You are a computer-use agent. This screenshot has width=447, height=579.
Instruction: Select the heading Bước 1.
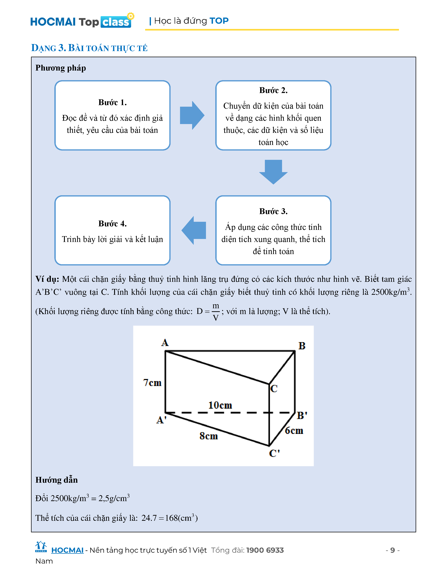pos(112,102)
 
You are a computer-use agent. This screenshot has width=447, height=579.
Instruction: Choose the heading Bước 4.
pos(112,224)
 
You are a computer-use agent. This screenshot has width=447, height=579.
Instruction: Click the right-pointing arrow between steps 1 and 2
pos(192,115)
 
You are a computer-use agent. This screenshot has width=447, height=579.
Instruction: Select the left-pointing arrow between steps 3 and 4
pos(194,230)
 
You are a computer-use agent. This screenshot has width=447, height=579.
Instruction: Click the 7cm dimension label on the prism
pos(152,382)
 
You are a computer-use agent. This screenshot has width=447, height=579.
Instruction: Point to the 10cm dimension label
pos(220,405)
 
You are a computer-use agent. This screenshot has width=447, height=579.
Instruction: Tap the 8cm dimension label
pos(208,436)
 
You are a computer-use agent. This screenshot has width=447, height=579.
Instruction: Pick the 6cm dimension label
pos(294,431)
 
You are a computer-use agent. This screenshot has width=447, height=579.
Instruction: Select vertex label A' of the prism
pos(161,420)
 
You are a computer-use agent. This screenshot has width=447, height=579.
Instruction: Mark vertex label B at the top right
pos(302,346)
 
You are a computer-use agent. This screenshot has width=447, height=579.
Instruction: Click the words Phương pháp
pos(61,68)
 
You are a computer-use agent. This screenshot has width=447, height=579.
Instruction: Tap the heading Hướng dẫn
pos(57,480)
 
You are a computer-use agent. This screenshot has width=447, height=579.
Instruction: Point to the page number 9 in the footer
pos(392,550)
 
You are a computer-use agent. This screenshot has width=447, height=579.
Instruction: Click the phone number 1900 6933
pos(265,550)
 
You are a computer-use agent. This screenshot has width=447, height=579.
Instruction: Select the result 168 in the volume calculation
pos(171,518)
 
